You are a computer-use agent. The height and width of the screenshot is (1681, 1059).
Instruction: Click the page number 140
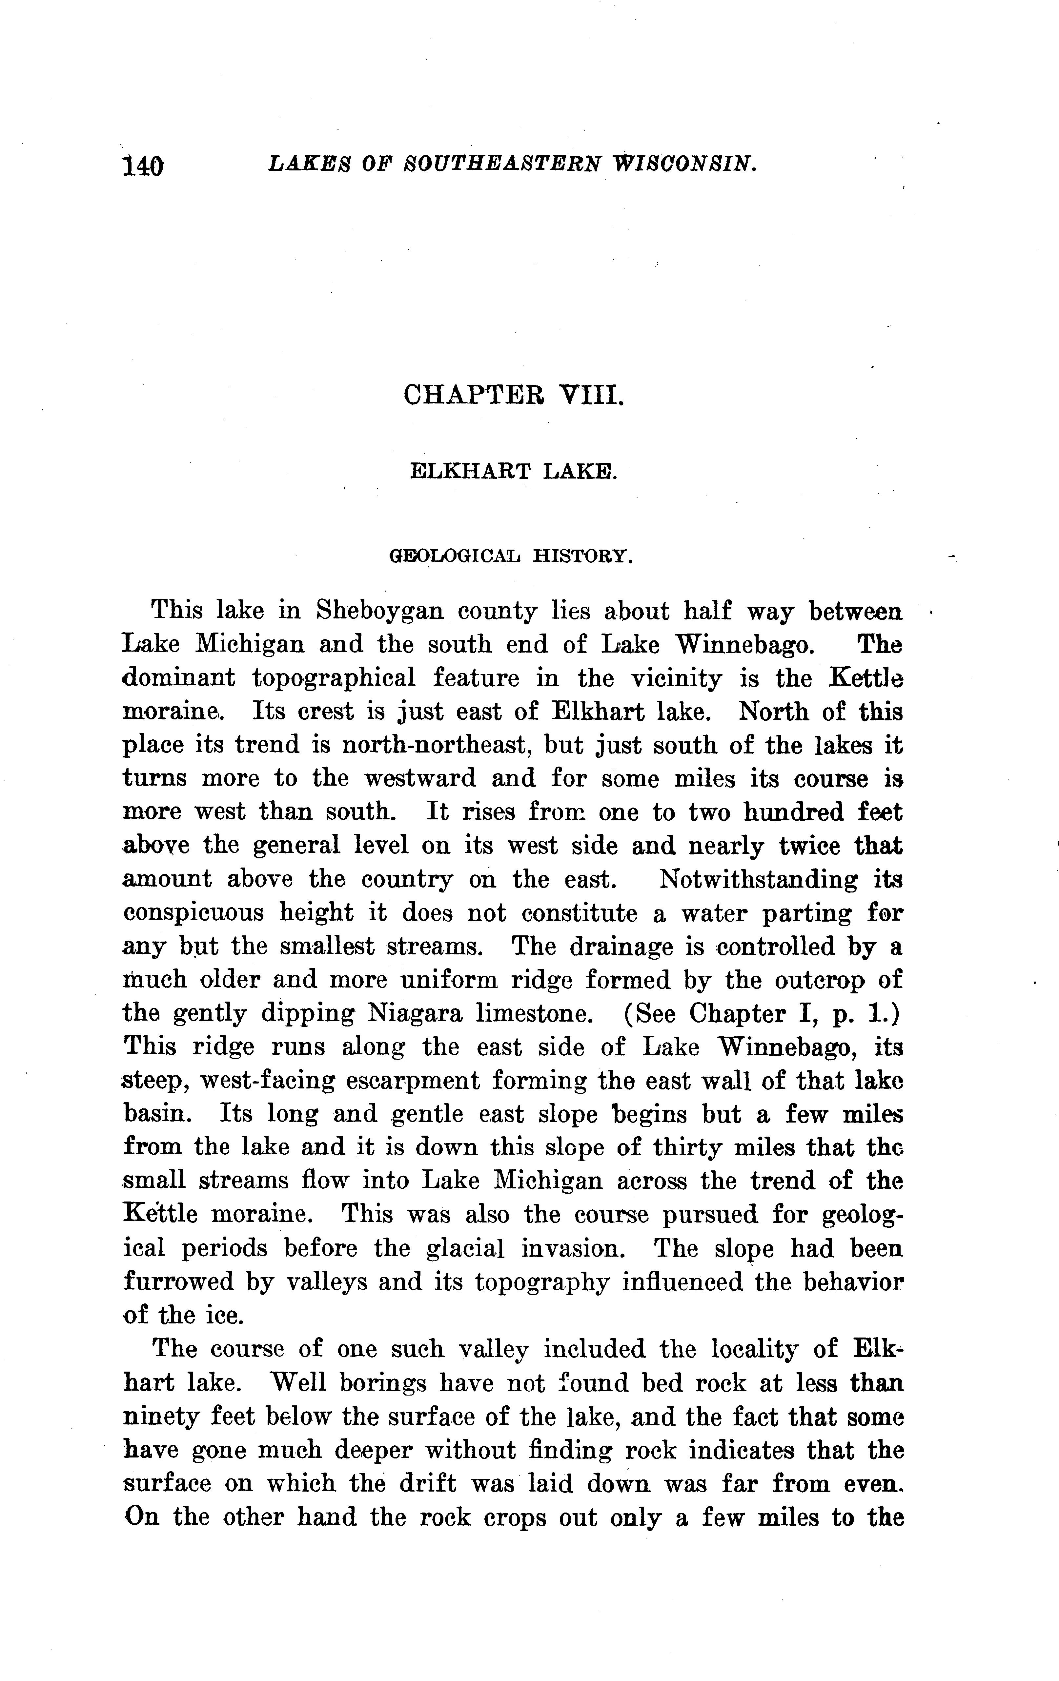pos(143,166)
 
